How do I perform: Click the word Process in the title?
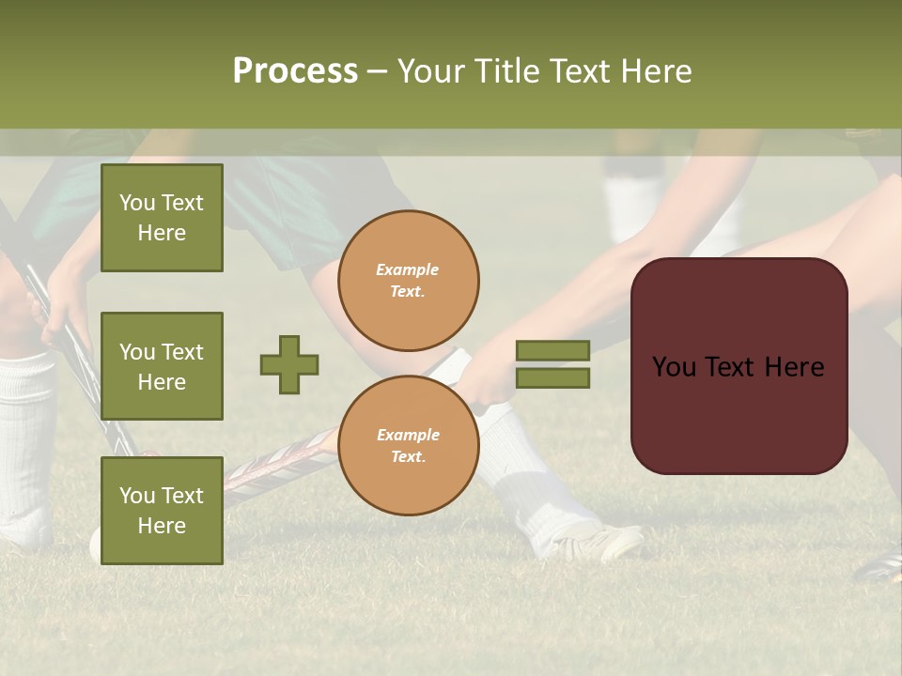click(295, 71)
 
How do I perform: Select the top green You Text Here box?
click(162, 218)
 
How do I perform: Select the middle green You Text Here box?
click(162, 366)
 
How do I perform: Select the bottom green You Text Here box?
click(162, 511)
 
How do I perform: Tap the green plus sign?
click(289, 364)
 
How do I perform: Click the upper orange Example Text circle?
click(409, 281)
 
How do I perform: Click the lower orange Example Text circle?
click(409, 446)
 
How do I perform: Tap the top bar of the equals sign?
click(552, 350)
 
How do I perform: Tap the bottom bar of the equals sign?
click(552, 378)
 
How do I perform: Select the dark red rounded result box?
click(739, 366)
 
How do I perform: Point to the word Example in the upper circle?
click(408, 269)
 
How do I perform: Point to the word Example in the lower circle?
click(408, 435)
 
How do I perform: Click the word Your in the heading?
click(435, 71)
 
